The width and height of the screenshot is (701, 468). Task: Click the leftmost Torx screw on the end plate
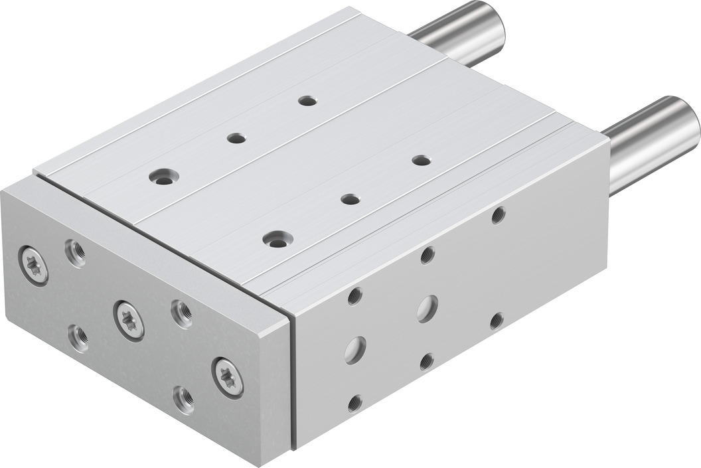pyautogui.click(x=33, y=265)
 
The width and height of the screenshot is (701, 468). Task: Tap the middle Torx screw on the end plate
pyautogui.click(x=128, y=320)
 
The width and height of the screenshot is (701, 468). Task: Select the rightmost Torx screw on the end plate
pyautogui.click(x=228, y=377)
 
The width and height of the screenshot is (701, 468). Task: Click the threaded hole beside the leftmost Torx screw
pyautogui.click(x=75, y=253)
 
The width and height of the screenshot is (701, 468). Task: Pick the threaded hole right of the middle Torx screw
pyautogui.click(x=181, y=313)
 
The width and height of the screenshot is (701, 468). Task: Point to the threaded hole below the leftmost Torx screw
pyautogui.click(x=79, y=338)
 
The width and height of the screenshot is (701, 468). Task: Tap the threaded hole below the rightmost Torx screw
pyautogui.click(x=184, y=400)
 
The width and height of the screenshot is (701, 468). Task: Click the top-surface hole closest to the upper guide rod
pyautogui.click(x=307, y=100)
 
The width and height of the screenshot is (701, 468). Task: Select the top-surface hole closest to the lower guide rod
pyautogui.click(x=421, y=160)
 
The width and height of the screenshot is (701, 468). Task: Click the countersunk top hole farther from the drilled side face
pyautogui.click(x=163, y=177)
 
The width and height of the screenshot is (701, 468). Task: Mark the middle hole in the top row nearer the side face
pyautogui.click(x=350, y=198)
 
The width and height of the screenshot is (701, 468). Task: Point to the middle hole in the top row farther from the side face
pyautogui.click(x=236, y=138)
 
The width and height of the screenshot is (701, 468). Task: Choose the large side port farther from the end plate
pyautogui.click(x=427, y=309)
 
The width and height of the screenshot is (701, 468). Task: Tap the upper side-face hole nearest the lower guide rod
pyautogui.click(x=498, y=214)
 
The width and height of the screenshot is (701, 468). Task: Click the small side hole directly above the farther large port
pyautogui.click(x=428, y=255)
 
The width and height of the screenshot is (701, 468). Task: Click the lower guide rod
pyautogui.click(x=654, y=142)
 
